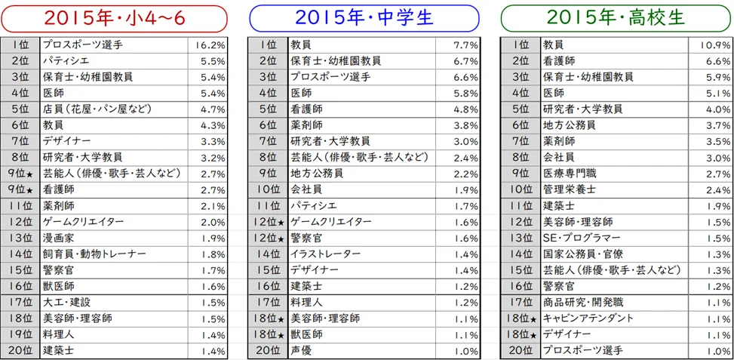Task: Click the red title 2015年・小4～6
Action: pos(114,17)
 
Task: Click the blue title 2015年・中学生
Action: pos(364,17)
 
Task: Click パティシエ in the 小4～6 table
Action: pos(67,61)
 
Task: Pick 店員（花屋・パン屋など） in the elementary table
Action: pos(99,109)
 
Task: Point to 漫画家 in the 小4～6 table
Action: pos(58,238)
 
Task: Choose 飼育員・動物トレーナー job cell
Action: pos(94,254)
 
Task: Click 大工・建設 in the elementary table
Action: pos(67,302)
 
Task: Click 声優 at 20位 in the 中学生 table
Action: pos(302,350)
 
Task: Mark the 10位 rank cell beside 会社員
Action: pos(268,189)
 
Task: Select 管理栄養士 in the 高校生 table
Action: pos(570,189)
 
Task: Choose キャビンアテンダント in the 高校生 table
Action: pos(588,318)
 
